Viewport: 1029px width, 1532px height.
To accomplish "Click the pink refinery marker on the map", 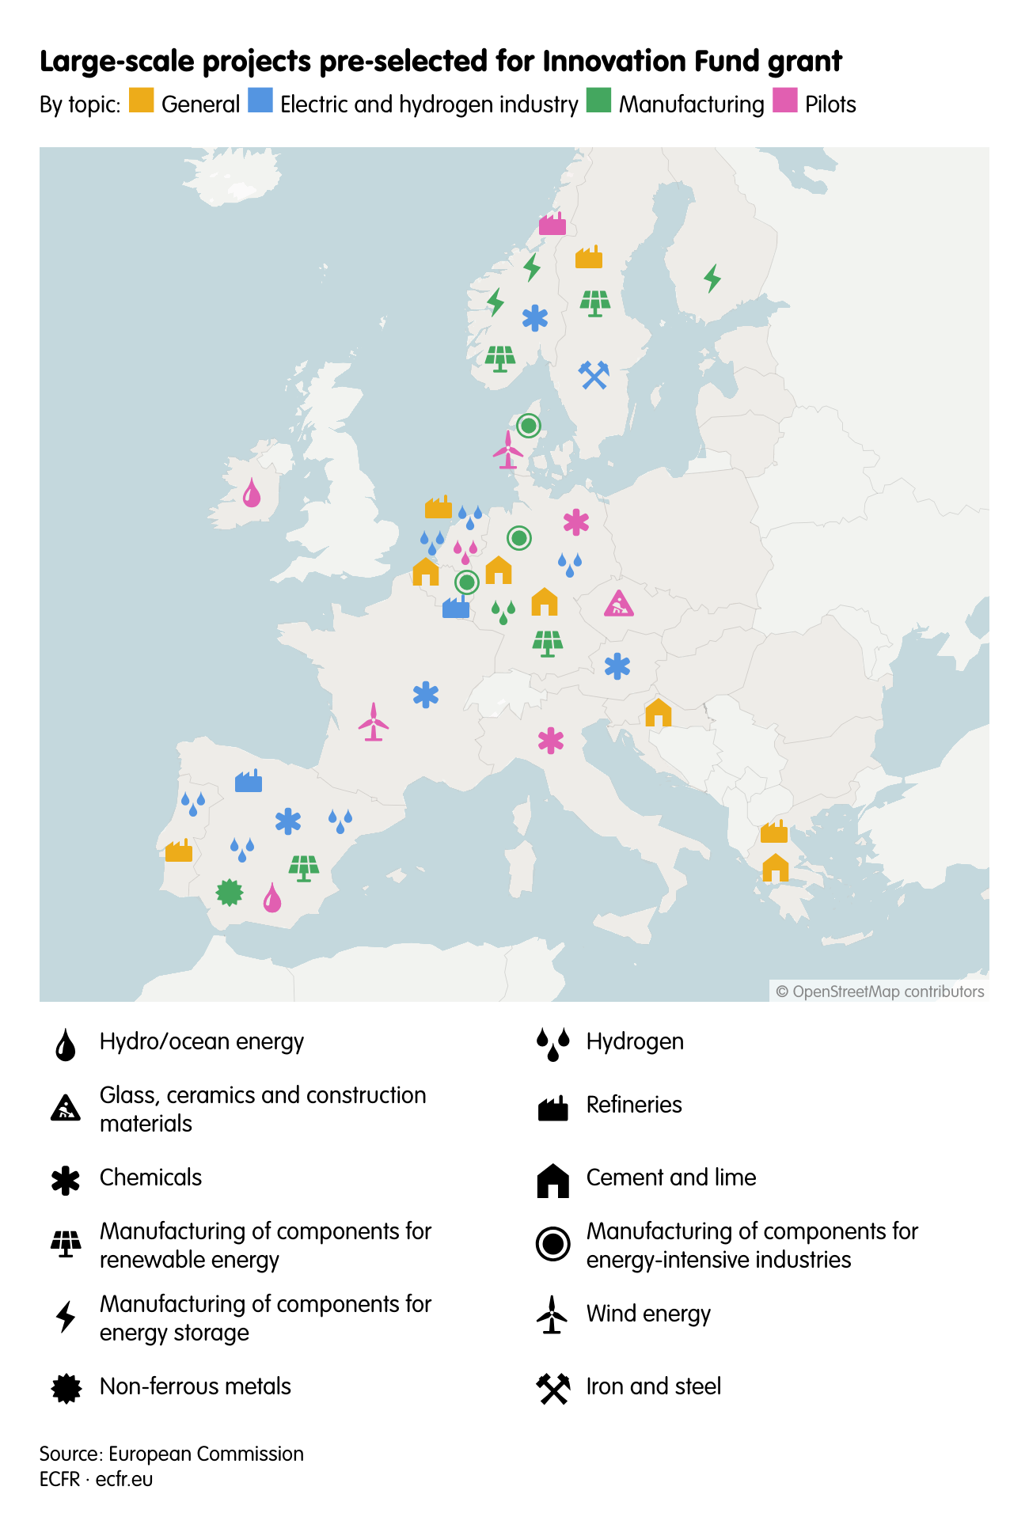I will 552,224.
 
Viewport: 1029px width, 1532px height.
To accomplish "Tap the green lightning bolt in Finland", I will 712,278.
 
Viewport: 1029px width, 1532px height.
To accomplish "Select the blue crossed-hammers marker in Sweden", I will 594,374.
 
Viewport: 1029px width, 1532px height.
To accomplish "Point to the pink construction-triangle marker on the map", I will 618,604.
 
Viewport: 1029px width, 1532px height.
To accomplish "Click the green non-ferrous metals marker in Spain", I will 230,893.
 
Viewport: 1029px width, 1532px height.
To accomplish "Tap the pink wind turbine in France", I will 374,722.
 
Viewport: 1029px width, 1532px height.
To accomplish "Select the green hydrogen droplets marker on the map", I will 503,612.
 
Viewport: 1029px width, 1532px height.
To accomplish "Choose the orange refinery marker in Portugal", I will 179,851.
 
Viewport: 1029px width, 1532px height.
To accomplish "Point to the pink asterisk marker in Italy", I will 551,741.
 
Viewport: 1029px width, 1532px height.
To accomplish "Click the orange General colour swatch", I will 141,100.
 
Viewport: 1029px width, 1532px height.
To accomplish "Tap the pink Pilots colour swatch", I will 784,100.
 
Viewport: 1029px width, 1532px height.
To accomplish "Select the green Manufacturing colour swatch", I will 598,100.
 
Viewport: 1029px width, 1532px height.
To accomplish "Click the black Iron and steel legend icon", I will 553,1388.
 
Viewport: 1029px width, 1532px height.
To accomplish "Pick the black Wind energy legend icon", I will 552,1314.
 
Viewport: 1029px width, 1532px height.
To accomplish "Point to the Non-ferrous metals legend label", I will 196,1386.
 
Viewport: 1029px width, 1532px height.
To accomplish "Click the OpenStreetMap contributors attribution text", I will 880,992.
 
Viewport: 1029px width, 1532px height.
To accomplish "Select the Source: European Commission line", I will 172,1454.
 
